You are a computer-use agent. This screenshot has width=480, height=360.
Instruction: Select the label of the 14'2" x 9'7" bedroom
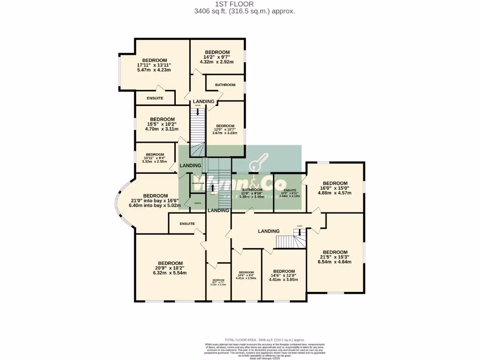(x=217, y=52)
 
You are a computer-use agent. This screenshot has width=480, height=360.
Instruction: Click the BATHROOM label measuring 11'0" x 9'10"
(x=252, y=190)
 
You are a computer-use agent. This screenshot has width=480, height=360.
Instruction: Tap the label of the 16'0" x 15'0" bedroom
(x=335, y=183)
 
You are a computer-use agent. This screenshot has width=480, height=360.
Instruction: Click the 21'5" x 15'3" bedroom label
(x=335, y=252)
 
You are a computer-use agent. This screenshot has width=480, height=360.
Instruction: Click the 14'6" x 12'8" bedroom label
(x=284, y=271)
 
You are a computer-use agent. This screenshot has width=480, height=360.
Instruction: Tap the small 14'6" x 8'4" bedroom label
(x=246, y=272)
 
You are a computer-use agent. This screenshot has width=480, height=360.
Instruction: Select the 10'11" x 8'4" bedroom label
(x=155, y=155)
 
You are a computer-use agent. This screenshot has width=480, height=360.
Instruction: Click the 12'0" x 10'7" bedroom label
(x=225, y=126)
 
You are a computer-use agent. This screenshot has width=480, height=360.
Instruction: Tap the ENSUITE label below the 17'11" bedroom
(x=155, y=98)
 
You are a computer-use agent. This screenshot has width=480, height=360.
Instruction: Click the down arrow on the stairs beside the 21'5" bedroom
(x=300, y=232)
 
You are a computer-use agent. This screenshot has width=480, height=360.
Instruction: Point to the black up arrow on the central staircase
(x=213, y=187)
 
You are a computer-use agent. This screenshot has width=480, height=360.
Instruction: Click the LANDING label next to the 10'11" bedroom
(x=191, y=165)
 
